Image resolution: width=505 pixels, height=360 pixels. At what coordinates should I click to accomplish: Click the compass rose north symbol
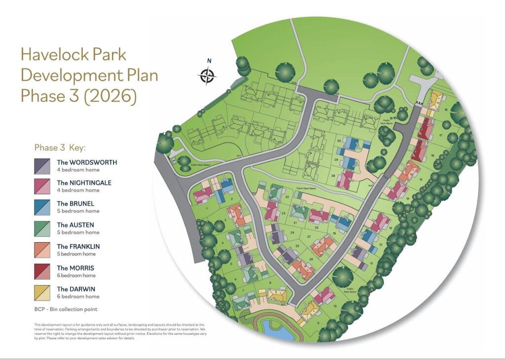(x=208, y=75)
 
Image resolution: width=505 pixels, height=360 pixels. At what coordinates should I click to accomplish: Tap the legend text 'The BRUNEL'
(x=75, y=204)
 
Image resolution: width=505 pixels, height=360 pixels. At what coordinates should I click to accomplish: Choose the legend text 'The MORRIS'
(x=75, y=268)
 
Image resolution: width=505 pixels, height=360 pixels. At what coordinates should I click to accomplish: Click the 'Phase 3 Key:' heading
(x=61, y=147)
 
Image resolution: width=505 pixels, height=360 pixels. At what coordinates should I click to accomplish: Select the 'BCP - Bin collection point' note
(x=66, y=309)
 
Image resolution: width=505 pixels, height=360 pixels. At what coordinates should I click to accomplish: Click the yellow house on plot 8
(x=276, y=296)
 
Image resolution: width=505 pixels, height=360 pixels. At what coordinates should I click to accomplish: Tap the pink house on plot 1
(x=203, y=195)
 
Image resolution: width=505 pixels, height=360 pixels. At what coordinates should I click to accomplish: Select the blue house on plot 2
(x=226, y=185)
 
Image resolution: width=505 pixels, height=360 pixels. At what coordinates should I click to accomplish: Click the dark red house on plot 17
(x=425, y=129)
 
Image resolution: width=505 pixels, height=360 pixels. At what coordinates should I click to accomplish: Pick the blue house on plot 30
(x=351, y=144)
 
